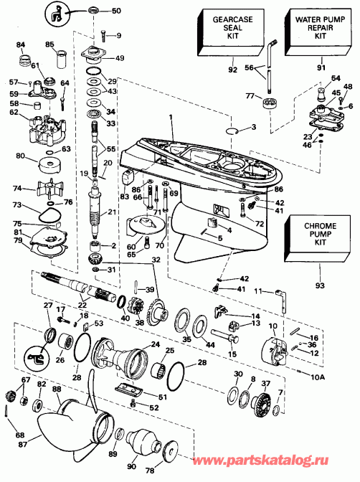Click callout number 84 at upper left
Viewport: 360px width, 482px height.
(21, 45)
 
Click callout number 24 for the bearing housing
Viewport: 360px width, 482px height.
(155, 344)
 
